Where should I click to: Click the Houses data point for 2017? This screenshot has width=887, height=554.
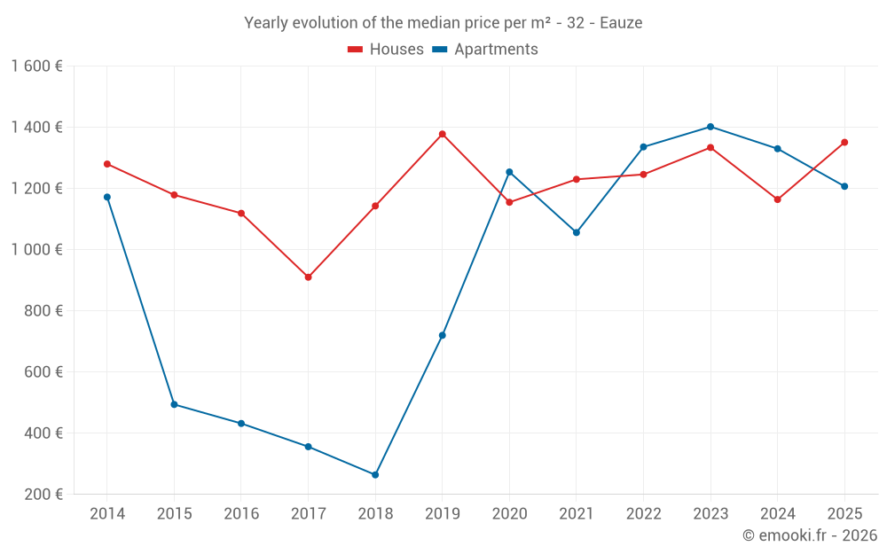[308, 277]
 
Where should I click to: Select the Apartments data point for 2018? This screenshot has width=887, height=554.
[375, 475]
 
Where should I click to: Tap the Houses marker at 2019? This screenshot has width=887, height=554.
[443, 134]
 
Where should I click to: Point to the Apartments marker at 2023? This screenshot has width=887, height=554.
[710, 127]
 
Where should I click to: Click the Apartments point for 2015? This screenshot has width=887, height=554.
[174, 404]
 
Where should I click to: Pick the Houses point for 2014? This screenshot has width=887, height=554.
[107, 164]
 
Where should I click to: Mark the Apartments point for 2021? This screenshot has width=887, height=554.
[577, 232]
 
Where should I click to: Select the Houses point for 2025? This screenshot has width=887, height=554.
[844, 142]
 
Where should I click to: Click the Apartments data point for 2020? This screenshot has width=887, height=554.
[509, 172]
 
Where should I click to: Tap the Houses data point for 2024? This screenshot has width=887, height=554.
[778, 199]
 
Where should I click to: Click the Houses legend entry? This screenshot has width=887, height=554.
[386, 50]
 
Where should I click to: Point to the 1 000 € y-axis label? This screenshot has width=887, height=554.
[37, 250]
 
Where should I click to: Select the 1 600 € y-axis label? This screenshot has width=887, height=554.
[37, 66]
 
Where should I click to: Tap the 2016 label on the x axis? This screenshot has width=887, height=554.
[241, 514]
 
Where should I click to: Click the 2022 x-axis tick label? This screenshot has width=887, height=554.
[643, 514]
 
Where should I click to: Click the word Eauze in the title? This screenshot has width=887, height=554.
[621, 23]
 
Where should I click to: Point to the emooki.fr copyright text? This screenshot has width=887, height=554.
[810, 535]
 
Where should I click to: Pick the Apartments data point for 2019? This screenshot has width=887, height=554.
[443, 335]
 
